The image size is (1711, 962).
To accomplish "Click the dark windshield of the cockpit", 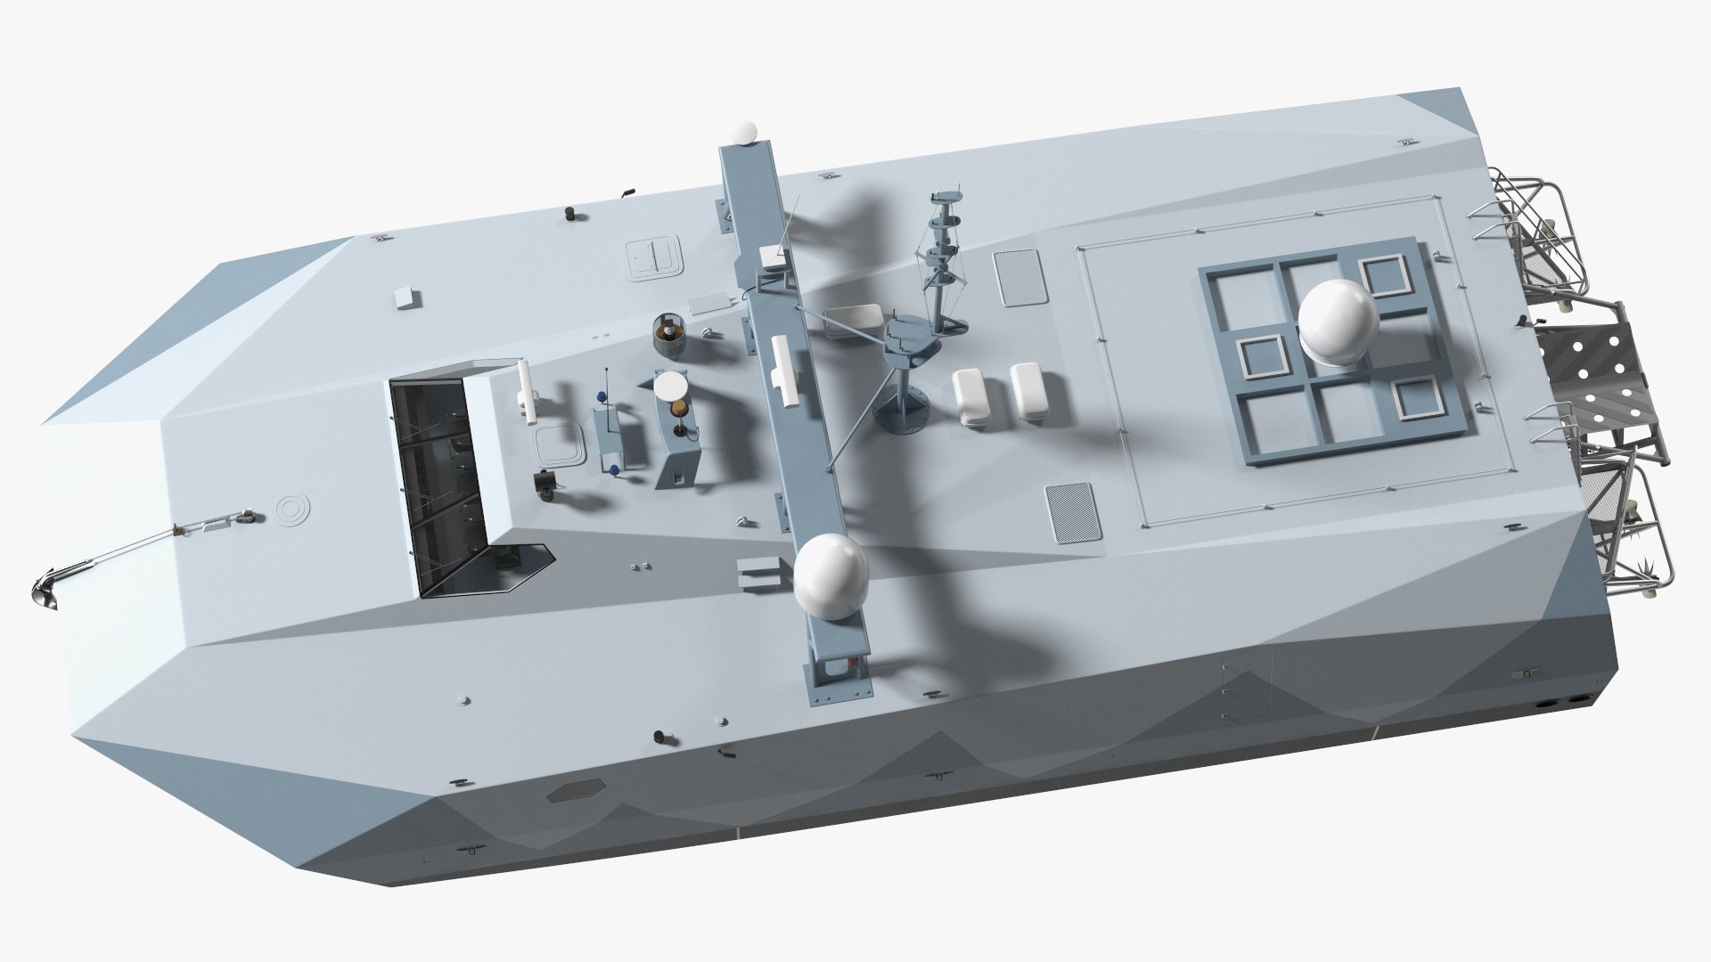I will [428, 481].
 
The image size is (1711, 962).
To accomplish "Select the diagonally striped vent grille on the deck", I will [1072, 512].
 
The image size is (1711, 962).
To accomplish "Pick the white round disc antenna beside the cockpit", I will [672, 390].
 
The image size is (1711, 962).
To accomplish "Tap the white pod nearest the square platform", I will [1031, 392].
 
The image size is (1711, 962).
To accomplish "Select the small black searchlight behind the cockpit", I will [544, 482].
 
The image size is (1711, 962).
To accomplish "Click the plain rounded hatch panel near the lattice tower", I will [1018, 278].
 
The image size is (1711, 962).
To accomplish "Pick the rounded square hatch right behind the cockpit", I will [559, 443].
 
